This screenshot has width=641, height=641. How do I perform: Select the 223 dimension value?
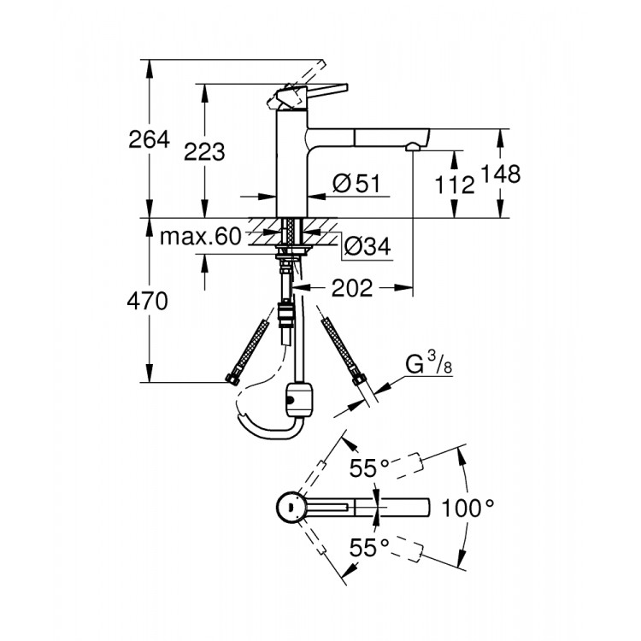[205, 151]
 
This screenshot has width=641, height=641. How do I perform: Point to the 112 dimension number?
[455, 183]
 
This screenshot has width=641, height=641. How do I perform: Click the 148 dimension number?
[502, 173]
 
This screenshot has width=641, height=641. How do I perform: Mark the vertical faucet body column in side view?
[291, 171]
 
